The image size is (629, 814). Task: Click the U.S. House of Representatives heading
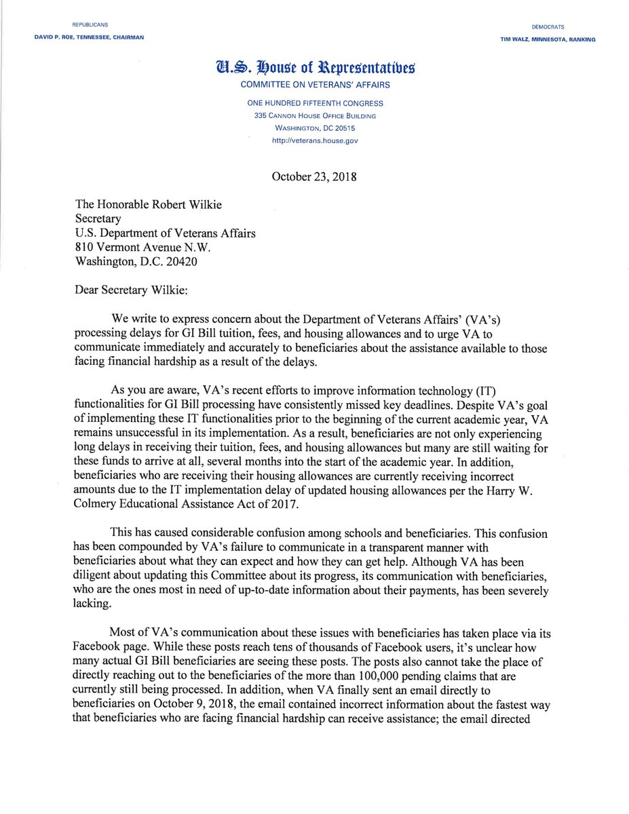coord(314,69)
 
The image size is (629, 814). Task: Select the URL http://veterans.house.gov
coord(314,140)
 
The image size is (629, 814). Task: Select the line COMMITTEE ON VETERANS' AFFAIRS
coord(314,85)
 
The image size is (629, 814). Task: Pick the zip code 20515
coord(345,128)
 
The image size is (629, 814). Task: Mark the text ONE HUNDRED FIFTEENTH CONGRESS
coord(314,104)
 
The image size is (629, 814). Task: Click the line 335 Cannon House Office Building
coord(314,116)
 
